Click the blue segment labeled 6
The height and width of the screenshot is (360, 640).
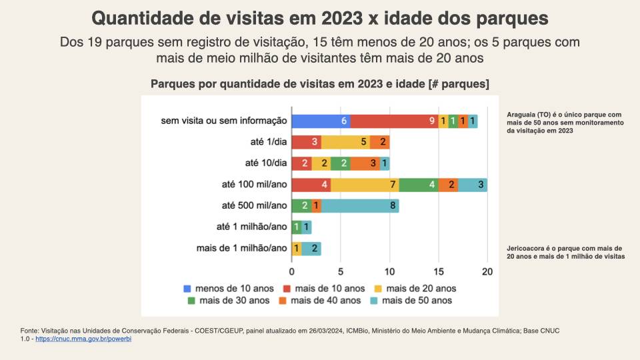pos(321,121)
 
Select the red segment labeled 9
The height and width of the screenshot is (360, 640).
pos(394,121)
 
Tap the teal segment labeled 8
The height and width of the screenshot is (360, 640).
pos(360,206)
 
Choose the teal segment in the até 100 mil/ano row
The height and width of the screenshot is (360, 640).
pos(473,185)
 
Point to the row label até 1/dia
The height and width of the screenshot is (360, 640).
pos(266,142)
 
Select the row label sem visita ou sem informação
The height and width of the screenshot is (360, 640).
pos(224,121)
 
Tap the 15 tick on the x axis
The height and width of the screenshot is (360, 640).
pos(438,271)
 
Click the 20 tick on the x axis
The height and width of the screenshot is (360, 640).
pos(487,271)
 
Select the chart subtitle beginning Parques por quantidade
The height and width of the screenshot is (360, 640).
pos(320,84)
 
